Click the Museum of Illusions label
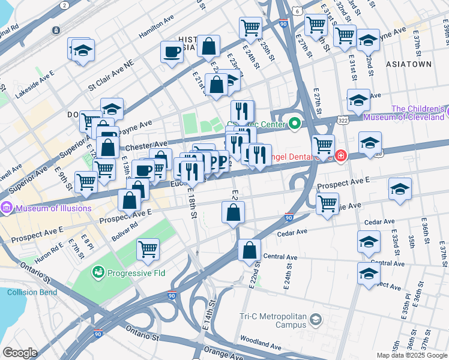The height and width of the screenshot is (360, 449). (x=54, y=209)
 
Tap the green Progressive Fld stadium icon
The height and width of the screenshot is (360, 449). (x=97, y=273)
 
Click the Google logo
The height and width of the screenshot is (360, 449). (x=20, y=353)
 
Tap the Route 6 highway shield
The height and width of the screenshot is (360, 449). (x=297, y=11)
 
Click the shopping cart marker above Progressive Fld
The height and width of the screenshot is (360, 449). (x=148, y=248)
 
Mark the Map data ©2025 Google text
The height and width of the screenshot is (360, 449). (x=411, y=355)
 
